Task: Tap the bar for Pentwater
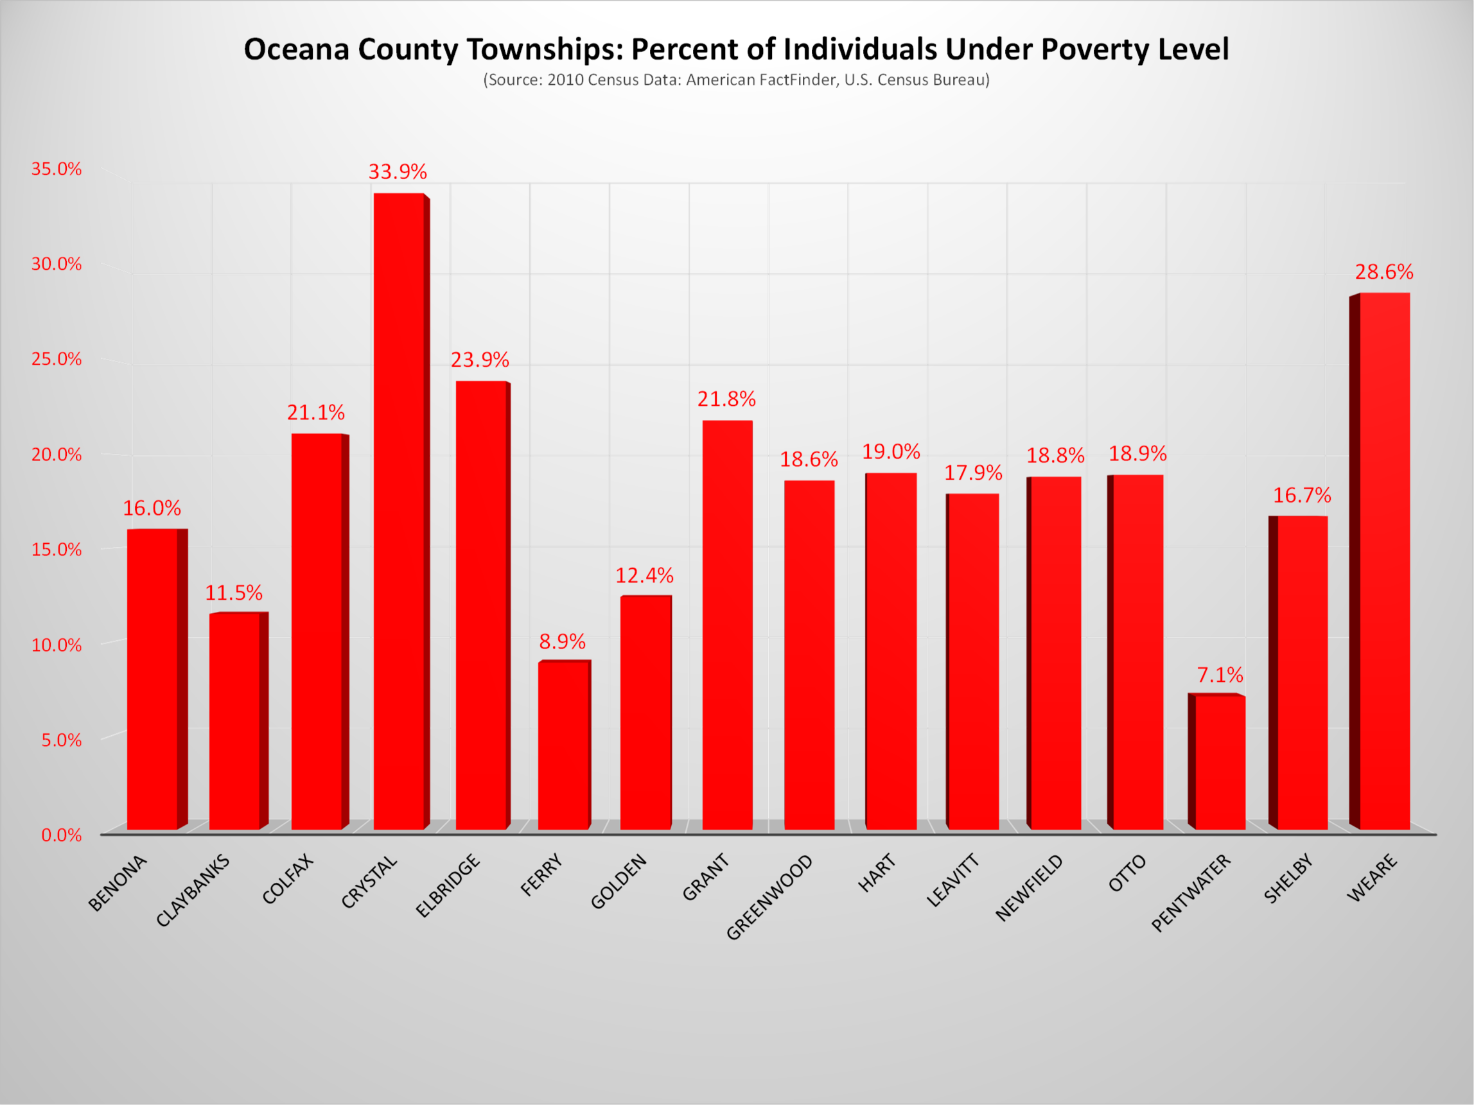(x=1220, y=762)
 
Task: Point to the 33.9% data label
(x=398, y=172)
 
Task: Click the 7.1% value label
(x=1220, y=675)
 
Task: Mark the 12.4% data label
(x=644, y=575)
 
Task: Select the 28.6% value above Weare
(x=1384, y=272)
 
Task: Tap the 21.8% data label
(x=726, y=399)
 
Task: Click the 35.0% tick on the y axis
(x=57, y=169)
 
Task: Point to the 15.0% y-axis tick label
(x=57, y=550)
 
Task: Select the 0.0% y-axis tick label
(x=61, y=835)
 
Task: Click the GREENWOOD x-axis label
(x=769, y=896)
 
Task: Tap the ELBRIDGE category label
(x=448, y=885)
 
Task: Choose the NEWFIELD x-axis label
(x=1029, y=887)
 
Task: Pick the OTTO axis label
(x=1127, y=873)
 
